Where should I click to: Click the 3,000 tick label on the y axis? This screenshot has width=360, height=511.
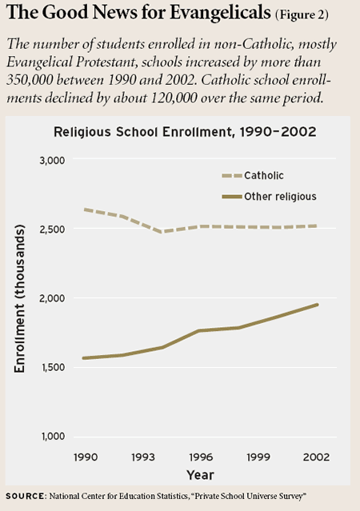[x=52, y=161]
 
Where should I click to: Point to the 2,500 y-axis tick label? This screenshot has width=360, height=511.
[x=52, y=230]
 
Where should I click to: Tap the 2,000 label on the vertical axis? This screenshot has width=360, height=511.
[x=52, y=298]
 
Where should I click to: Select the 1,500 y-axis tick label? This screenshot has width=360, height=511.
[x=52, y=367]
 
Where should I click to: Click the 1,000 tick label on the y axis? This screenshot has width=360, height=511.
[x=53, y=437]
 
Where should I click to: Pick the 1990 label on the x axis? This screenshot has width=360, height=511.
[x=86, y=457]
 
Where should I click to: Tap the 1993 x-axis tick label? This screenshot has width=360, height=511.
[x=143, y=457]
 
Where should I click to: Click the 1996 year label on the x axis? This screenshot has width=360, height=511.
[x=201, y=457]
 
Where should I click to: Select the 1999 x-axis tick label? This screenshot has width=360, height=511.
[x=258, y=457]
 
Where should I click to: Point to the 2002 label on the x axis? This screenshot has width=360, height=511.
[x=316, y=457]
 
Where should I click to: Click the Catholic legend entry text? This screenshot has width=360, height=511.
[x=264, y=176]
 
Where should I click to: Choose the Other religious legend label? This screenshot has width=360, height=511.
[x=281, y=197]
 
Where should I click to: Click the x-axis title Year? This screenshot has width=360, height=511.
[x=200, y=475]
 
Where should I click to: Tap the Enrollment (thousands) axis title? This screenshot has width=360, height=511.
[x=19, y=298]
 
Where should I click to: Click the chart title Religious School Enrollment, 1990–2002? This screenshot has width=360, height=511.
[x=185, y=132]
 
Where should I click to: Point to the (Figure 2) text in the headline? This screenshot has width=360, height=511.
[x=302, y=15]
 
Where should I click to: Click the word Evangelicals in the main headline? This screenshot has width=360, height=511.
[x=221, y=13]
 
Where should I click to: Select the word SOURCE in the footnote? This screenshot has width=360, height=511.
[x=25, y=496]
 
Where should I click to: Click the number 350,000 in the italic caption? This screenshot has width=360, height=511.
[x=29, y=80]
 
